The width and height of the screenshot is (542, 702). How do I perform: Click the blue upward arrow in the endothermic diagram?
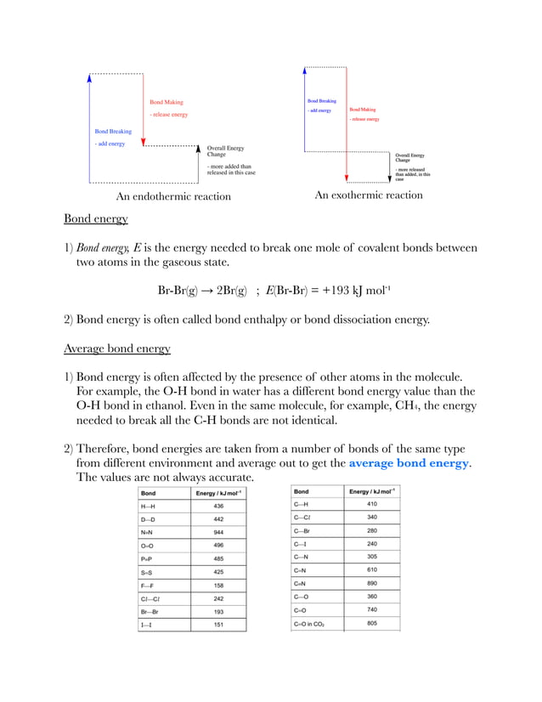tap(89, 127)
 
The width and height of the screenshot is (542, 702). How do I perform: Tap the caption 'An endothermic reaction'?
tap(173, 196)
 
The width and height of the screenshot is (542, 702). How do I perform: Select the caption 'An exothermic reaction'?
tap(368, 195)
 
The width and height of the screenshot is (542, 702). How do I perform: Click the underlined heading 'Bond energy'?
tap(96, 219)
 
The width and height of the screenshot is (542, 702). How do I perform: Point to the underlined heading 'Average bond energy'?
tap(117, 348)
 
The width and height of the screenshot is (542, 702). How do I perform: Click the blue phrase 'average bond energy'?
tap(408, 463)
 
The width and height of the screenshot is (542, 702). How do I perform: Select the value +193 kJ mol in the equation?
tap(347, 291)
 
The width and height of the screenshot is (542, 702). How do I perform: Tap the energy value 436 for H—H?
tap(218, 506)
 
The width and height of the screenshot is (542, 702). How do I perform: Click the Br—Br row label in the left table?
tap(150, 612)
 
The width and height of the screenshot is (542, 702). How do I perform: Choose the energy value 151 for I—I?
tap(218, 626)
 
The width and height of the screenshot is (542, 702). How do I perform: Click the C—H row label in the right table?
tap(302, 504)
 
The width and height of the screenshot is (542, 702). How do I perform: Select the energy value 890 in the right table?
tap(372, 584)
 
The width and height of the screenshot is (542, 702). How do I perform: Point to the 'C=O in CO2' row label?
tap(309, 624)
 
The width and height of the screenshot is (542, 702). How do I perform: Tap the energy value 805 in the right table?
tap(372, 624)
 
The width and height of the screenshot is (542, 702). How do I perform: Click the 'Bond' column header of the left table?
tap(148, 492)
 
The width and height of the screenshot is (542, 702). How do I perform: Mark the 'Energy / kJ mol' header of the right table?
tap(372, 491)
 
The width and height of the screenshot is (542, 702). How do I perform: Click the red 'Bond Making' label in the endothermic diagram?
tap(166, 102)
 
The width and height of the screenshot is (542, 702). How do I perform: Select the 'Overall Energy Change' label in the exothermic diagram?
tap(410, 158)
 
